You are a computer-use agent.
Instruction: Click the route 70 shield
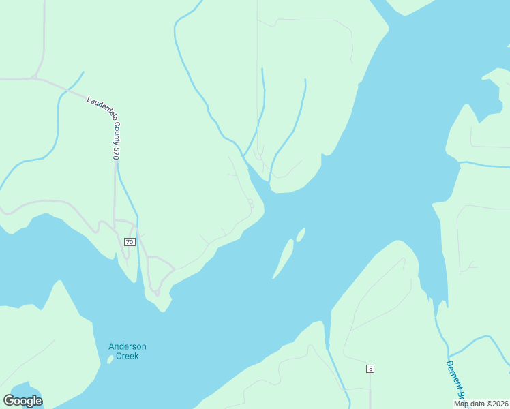point(130,242)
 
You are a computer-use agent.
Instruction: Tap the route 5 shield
point(370,369)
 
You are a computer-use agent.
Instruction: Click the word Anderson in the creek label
point(127,346)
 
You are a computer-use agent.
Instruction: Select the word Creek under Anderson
point(127,356)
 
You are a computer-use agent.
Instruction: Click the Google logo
point(22,401)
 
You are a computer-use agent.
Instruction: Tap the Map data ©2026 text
point(481,404)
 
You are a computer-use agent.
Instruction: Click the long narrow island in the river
point(284,258)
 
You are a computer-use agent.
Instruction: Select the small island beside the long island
point(301,234)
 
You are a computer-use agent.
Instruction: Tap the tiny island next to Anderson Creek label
point(109,360)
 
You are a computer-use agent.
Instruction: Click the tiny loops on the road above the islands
point(251,203)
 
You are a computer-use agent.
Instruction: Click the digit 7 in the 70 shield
point(127,242)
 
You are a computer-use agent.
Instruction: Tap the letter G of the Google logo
point(10,401)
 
